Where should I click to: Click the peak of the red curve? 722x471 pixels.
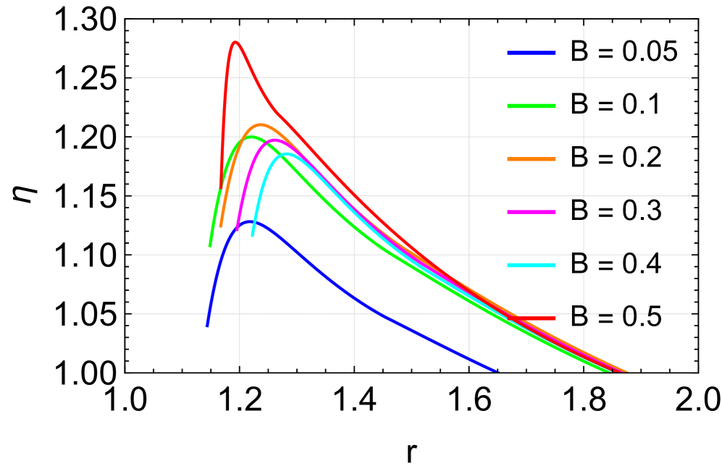pos(235,42)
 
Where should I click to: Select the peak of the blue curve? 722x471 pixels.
pos(251,221)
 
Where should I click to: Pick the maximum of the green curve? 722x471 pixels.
pos(248,136)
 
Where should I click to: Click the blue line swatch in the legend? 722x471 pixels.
pos(531,53)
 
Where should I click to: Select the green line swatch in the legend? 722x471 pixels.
pos(531,106)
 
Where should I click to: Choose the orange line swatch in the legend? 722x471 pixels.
pos(531,159)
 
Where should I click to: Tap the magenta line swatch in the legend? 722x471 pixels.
pos(531,212)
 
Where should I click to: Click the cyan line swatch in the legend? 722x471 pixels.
pos(531,266)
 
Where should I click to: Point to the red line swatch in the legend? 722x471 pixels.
pos(531,318)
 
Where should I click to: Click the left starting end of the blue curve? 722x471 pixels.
pos(207,327)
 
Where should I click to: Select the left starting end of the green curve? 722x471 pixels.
pos(210,246)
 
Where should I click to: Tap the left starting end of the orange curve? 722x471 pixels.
pos(221,226)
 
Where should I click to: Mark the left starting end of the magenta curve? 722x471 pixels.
pos(237,229)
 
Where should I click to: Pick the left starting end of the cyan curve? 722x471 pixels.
pos(252,235)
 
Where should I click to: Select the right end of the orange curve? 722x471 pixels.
pos(627,372)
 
